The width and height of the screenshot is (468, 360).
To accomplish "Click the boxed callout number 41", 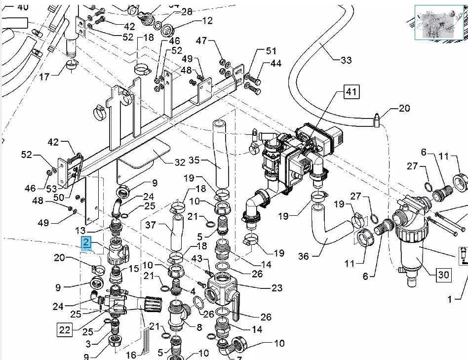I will (351, 92).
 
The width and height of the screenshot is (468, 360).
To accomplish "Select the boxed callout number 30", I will (444, 275).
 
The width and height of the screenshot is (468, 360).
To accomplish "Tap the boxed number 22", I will (65, 330).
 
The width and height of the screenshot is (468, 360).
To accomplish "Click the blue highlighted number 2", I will (86, 242).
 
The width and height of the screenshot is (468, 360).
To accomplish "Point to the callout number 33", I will (346, 60).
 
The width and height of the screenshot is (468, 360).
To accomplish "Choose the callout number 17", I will (44, 77).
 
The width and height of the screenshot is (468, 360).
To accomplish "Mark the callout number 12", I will (206, 21).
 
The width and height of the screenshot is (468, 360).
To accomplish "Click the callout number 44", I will (275, 64).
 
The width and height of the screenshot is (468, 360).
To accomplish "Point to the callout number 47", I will (201, 40).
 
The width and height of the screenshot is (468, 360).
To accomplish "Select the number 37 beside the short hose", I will (151, 226).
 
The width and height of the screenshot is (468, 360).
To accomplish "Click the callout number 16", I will (132, 355).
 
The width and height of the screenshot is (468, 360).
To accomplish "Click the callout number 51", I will (272, 51).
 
